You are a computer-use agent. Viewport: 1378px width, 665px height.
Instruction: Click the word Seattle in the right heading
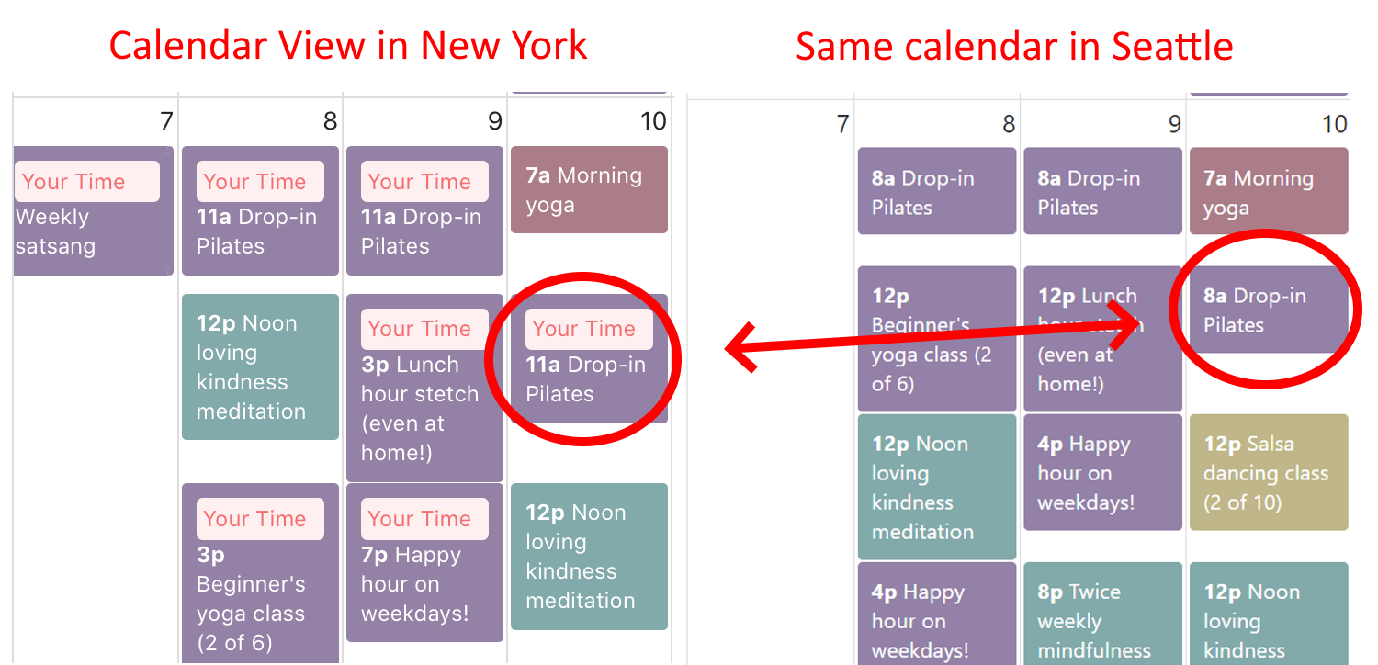point(1172,46)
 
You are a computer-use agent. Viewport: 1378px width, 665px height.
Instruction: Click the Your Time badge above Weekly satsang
point(87,182)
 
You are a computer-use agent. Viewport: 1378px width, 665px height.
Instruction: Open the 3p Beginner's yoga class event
point(260,573)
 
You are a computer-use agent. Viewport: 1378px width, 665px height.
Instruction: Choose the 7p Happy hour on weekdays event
point(424,562)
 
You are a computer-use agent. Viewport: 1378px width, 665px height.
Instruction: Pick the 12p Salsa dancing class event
point(1269,472)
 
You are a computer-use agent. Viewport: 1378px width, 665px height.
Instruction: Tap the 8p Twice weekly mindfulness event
point(1102,614)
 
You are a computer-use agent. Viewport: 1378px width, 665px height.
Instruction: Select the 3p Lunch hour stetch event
point(424,388)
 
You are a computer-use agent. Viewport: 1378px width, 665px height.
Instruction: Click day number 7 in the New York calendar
point(166,120)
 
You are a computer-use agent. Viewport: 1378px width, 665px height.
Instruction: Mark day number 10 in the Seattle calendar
point(1334,124)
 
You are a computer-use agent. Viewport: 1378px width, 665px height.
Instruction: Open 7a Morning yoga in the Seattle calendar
point(1269,191)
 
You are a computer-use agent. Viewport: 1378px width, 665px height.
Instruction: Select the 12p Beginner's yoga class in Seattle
point(937,339)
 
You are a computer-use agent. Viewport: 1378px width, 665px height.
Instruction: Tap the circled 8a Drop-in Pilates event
point(1269,310)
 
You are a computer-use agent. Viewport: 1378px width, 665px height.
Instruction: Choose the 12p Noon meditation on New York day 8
point(260,366)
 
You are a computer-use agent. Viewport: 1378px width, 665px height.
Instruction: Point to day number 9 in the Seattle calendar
point(1174,124)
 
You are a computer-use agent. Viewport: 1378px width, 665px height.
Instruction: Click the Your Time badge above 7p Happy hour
point(424,519)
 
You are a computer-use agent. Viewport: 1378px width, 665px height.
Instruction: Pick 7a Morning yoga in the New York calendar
point(589,189)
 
